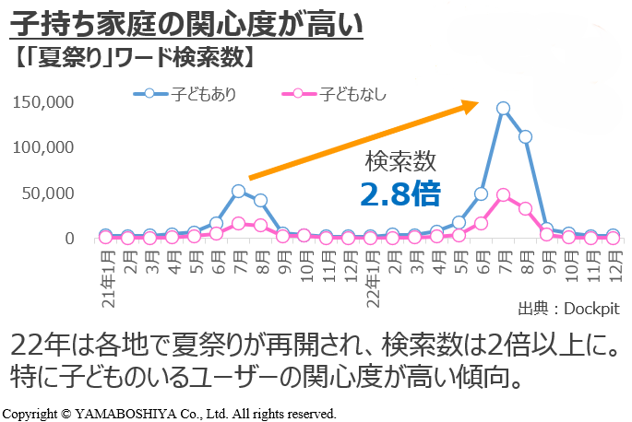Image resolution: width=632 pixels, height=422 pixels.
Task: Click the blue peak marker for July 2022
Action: [503, 108]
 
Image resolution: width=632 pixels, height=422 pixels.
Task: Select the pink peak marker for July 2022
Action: [503, 194]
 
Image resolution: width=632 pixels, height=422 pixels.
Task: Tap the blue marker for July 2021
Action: [238, 191]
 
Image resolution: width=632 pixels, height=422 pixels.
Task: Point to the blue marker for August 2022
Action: [525, 136]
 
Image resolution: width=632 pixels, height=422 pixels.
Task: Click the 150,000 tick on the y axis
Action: [44, 101]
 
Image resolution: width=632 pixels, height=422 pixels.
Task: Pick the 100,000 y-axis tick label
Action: [44, 147]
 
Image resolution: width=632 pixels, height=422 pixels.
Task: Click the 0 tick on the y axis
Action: [69, 238]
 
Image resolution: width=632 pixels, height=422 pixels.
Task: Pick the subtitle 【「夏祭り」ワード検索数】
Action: [135, 57]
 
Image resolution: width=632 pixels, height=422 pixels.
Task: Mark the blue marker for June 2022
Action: [481, 193]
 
